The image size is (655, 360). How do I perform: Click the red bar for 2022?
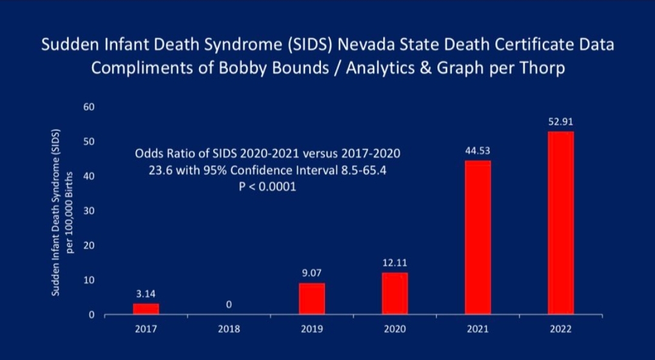[560, 223]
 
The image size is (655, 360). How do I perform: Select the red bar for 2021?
[478, 238]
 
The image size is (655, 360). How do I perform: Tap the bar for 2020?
[395, 293]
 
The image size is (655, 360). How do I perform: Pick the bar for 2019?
[312, 299]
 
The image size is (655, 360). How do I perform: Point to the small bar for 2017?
[146, 308]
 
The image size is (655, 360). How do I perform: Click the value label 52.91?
[560, 122]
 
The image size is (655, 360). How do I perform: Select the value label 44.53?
[478, 151]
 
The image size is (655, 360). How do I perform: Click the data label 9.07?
[312, 273]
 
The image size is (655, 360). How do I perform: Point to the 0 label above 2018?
[229, 305]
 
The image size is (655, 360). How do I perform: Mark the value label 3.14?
[146, 294]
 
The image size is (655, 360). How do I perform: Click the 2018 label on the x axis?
[229, 329]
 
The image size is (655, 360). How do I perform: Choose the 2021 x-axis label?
[478, 329]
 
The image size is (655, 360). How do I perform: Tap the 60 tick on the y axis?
[89, 107]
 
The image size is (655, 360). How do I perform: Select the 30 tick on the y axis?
[89, 211]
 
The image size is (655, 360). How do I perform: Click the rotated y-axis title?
[61, 212]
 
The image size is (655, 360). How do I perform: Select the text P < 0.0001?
[267, 187]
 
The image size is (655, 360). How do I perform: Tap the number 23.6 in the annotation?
[161, 170]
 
